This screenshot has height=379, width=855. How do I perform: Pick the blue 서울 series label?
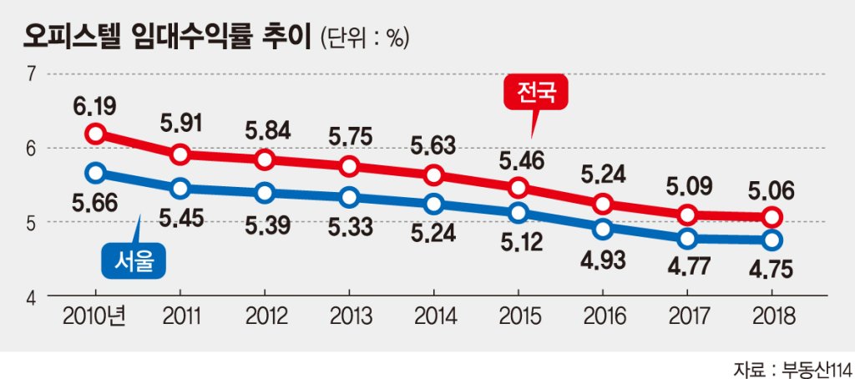(x=134, y=261)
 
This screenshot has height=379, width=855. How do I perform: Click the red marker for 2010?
(x=95, y=134)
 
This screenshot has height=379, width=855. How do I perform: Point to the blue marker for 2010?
(x=95, y=173)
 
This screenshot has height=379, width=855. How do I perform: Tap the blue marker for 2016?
(x=603, y=228)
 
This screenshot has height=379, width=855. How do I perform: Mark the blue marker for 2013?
(x=349, y=197)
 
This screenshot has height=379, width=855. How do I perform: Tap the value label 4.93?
(x=603, y=256)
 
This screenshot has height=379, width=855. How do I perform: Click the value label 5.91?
(x=180, y=124)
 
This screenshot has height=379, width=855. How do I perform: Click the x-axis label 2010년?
(x=94, y=316)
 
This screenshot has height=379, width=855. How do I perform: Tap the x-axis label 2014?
(x=434, y=316)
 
